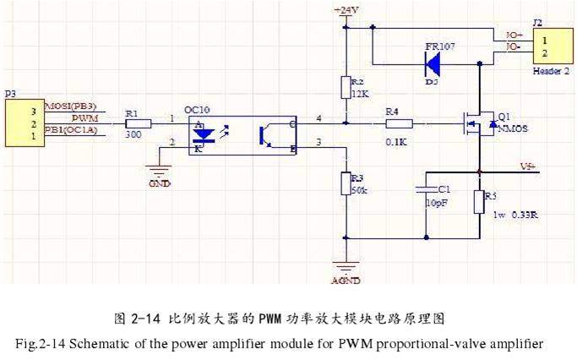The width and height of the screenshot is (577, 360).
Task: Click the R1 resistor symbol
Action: (x=139, y=123)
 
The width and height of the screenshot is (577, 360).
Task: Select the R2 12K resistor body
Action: (x=346, y=88)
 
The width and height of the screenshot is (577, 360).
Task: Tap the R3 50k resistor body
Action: (x=346, y=184)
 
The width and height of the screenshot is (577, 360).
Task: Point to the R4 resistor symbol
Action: (x=399, y=123)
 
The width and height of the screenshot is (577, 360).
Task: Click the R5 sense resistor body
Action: (x=479, y=202)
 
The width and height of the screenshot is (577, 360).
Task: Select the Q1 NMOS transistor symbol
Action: (x=477, y=123)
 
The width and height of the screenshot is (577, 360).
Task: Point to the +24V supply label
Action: (x=346, y=10)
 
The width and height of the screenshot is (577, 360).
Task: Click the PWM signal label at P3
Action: (x=83, y=119)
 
